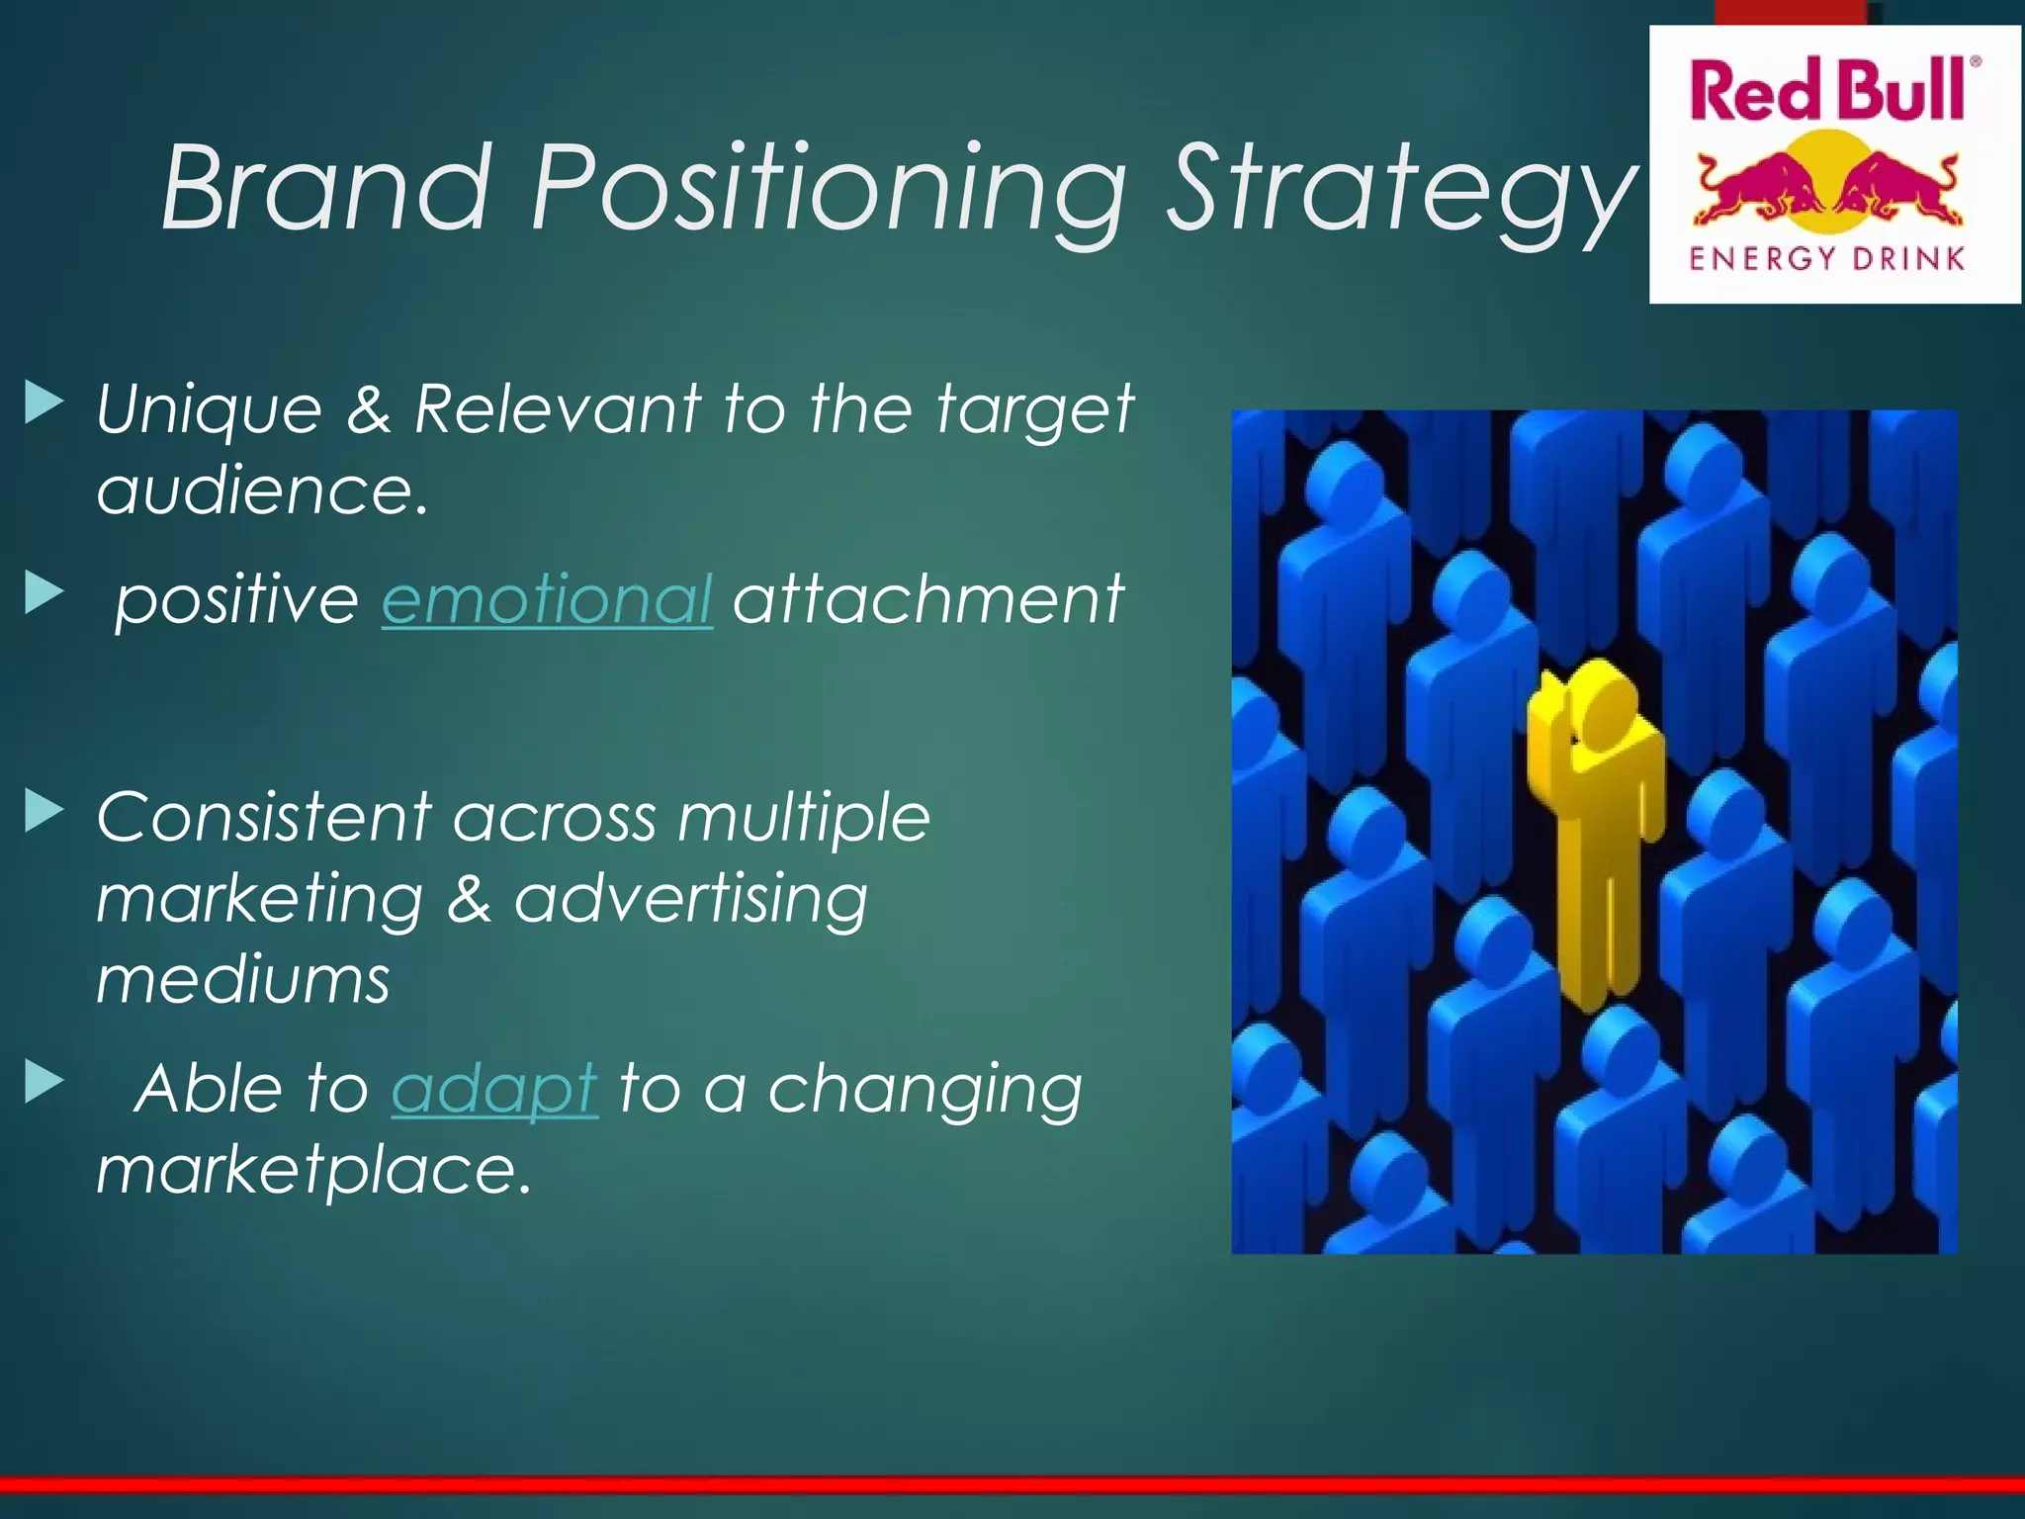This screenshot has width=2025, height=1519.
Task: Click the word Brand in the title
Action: point(326,188)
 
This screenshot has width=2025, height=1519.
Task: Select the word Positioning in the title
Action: point(829,188)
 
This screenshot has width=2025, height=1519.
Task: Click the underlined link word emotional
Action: point(546,599)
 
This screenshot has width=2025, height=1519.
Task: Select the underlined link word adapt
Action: point(494,1088)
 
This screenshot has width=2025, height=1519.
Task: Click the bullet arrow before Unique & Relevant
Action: point(44,402)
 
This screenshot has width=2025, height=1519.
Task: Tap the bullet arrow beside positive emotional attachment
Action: point(44,592)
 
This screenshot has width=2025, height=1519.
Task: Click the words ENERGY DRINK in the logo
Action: point(1826,259)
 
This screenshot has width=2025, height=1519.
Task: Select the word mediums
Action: point(243,980)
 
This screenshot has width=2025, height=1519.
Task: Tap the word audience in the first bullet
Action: point(262,491)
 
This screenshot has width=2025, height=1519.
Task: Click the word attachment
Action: point(927,599)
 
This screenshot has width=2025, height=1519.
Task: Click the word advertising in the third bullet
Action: point(690,899)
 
